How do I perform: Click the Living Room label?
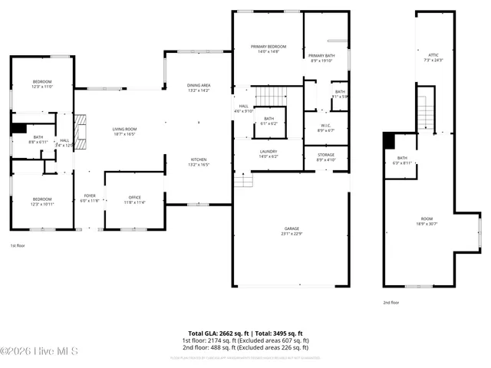coord(124,131)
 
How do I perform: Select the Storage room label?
coord(325,156)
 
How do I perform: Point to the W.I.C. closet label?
coord(325,127)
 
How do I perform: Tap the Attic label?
coord(433,57)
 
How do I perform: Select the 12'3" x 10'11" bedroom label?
coord(42,200)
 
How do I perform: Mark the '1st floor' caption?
coord(18,245)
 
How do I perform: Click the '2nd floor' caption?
coord(391,302)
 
